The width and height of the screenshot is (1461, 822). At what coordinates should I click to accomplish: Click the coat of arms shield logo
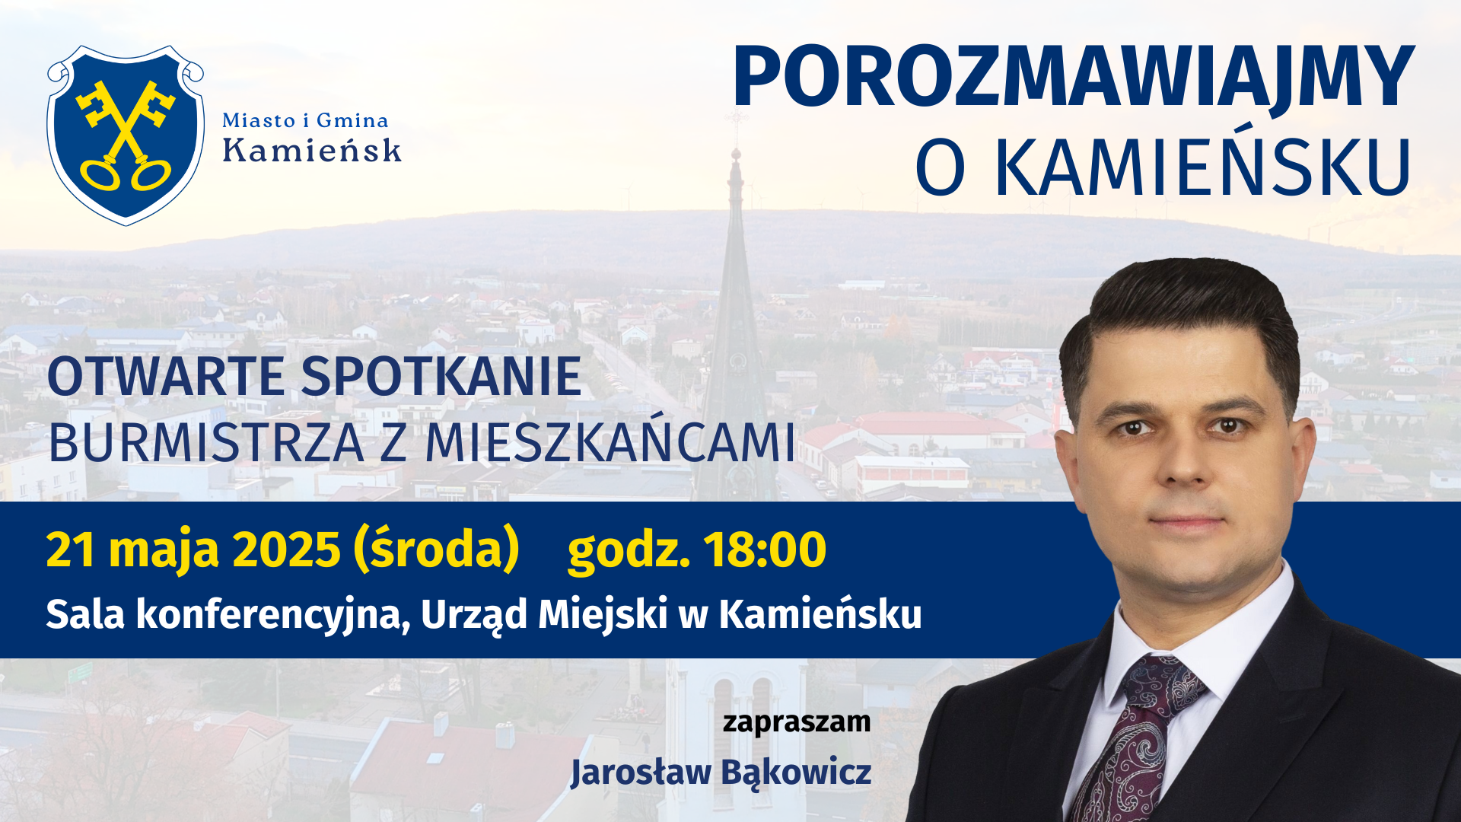(126, 135)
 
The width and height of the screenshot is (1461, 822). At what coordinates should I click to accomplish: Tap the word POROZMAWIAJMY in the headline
(1074, 77)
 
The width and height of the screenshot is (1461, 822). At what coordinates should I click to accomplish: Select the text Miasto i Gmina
(305, 120)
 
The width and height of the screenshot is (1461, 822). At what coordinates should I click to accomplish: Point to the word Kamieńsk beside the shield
(312, 150)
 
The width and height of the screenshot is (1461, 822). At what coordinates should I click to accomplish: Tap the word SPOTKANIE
(441, 377)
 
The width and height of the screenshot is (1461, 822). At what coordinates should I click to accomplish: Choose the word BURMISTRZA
(206, 443)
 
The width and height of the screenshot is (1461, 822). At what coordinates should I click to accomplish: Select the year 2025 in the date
(286, 550)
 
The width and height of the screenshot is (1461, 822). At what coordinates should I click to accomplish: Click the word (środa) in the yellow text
(437, 550)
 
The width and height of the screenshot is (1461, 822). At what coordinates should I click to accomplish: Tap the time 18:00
(764, 550)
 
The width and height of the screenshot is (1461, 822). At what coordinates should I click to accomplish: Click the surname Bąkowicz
(796, 773)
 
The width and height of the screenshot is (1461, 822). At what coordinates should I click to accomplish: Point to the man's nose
(1184, 457)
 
